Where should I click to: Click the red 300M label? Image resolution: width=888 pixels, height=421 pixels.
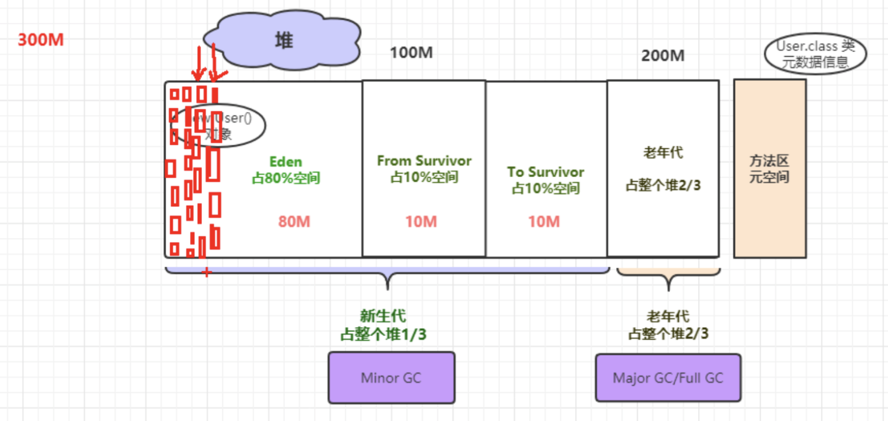pyautogui.click(x=41, y=40)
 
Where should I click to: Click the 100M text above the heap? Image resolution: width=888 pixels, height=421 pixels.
pyautogui.click(x=411, y=53)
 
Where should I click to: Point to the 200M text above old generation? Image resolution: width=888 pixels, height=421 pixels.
pyautogui.click(x=663, y=56)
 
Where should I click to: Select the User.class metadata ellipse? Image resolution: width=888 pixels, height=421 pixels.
pyautogui.click(x=815, y=54)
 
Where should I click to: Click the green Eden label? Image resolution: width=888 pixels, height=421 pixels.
pyautogui.click(x=286, y=161)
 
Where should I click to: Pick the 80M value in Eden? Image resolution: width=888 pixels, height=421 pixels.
pyautogui.click(x=294, y=222)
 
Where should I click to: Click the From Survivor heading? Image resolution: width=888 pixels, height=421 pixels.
pyautogui.click(x=424, y=161)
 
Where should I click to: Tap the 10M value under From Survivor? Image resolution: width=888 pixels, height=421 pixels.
pyautogui.click(x=421, y=222)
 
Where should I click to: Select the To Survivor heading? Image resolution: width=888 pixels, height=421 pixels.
pyautogui.click(x=546, y=172)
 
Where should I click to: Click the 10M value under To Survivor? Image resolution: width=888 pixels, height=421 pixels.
pyautogui.click(x=544, y=222)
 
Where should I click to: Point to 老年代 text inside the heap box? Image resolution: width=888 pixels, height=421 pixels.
pyautogui.click(x=663, y=152)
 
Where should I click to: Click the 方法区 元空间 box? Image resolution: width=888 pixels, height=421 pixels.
pyautogui.click(x=770, y=169)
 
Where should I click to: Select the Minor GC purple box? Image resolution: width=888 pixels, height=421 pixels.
pyautogui.click(x=391, y=377)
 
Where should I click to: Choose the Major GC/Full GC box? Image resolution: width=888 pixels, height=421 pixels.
pyautogui.click(x=668, y=378)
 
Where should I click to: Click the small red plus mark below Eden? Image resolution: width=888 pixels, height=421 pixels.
pyautogui.click(x=207, y=273)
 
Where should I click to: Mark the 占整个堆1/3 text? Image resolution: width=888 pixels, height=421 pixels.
pyautogui.click(x=383, y=334)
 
